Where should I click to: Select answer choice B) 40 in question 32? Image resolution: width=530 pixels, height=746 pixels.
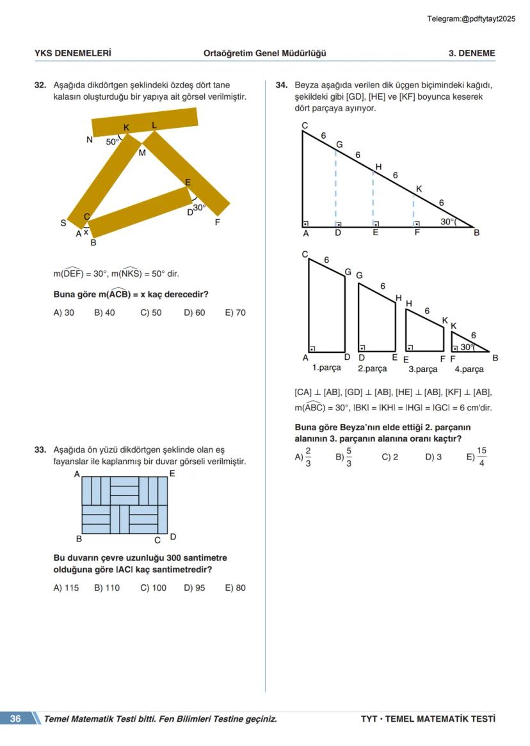tap(104, 313)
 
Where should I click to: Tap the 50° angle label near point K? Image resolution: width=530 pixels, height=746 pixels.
tap(112, 142)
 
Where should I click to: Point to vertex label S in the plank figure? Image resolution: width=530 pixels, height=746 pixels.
tap(63, 223)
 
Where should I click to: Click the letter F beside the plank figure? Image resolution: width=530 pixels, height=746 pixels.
tap(218, 223)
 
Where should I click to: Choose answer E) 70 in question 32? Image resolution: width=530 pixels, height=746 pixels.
tap(235, 313)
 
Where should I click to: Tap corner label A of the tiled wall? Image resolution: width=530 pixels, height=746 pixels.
tap(77, 474)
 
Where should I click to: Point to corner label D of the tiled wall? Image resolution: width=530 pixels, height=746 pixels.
tap(173, 537)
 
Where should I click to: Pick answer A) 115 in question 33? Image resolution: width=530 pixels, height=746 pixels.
tap(66, 588)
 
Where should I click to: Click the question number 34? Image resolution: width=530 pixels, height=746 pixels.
tap(281, 85)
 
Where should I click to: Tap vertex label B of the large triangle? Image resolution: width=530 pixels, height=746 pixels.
tap(476, 233)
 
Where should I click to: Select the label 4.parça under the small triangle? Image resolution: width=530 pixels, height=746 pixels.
tap(469, 369)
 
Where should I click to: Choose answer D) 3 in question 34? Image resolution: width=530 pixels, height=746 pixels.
tap(433, 457)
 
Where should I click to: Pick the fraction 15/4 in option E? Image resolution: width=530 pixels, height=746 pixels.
tap(481, 457)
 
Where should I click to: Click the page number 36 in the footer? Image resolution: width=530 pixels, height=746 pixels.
tap(15, 719)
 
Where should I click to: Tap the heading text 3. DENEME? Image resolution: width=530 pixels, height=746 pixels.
tap(472, 54)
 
